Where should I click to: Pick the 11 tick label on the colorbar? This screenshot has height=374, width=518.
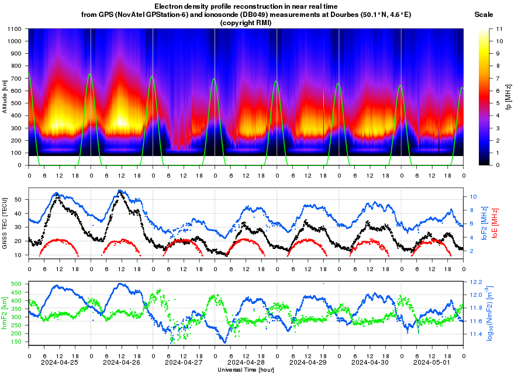492,29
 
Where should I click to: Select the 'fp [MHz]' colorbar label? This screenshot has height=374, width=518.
508,96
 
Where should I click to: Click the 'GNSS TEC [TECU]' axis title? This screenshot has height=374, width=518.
5,224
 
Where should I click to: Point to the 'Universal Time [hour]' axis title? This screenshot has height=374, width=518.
246,370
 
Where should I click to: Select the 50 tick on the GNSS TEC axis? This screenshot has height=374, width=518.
20,199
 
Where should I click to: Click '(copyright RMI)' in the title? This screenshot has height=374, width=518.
246,22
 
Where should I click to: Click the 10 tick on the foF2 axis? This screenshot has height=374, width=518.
472,196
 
